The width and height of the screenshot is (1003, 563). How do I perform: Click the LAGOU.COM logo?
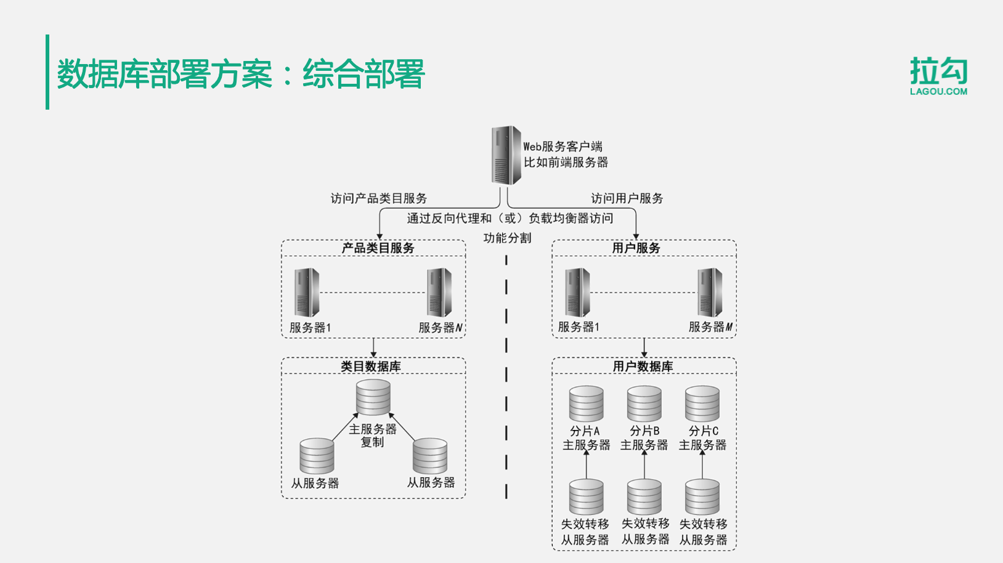click(x=938, y=76)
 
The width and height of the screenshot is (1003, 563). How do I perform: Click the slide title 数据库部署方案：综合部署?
click(x=240, y=75)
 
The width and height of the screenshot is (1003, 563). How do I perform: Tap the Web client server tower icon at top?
click(x=506, y=155)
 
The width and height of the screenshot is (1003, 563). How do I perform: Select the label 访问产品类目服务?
click(x=378, y=198)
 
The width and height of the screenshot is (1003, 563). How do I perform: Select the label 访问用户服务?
click(x=627, y=198)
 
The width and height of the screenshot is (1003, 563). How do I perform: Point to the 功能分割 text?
click(x=507, y=238)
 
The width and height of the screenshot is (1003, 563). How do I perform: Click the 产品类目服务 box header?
click(x=378, y=248)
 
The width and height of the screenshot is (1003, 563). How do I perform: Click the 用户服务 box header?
click(x=636, y=248)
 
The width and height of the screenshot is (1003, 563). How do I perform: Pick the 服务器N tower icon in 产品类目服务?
click(x=439, y=292)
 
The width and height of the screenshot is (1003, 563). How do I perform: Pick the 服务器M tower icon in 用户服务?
click(x=710, y=292)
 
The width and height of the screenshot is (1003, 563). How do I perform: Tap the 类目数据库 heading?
click(x=371, y=367)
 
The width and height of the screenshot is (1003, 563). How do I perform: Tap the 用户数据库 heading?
click(x=643, y=367)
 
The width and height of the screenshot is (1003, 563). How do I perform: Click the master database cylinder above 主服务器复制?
click(x=373, y=397)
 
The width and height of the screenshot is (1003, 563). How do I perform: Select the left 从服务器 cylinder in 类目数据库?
click(x=317, y=456)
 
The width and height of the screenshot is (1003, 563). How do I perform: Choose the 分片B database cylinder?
click(x=644, y=404)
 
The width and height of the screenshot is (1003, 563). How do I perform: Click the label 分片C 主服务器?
click(x=702, y=438)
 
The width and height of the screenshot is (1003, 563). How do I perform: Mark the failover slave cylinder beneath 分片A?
click(x=586, y=497)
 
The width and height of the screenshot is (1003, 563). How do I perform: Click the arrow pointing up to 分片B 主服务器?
click(x=644, y=465)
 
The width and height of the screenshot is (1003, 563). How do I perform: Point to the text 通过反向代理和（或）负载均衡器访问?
click(x=510, y=218)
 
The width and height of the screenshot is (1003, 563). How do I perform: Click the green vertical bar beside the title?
click(x=47, y=72)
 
